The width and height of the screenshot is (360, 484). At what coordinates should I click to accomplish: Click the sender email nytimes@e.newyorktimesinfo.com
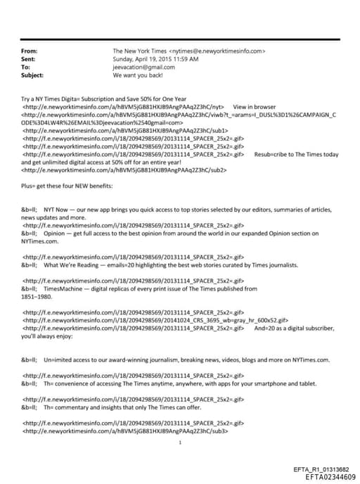coord(218,51)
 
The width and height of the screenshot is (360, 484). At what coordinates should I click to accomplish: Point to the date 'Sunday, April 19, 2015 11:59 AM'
coord(155,59)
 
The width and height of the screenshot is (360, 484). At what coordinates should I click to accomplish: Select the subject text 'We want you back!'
coord(137,75)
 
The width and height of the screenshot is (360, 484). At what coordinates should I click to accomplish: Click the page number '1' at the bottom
coord(180,442)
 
